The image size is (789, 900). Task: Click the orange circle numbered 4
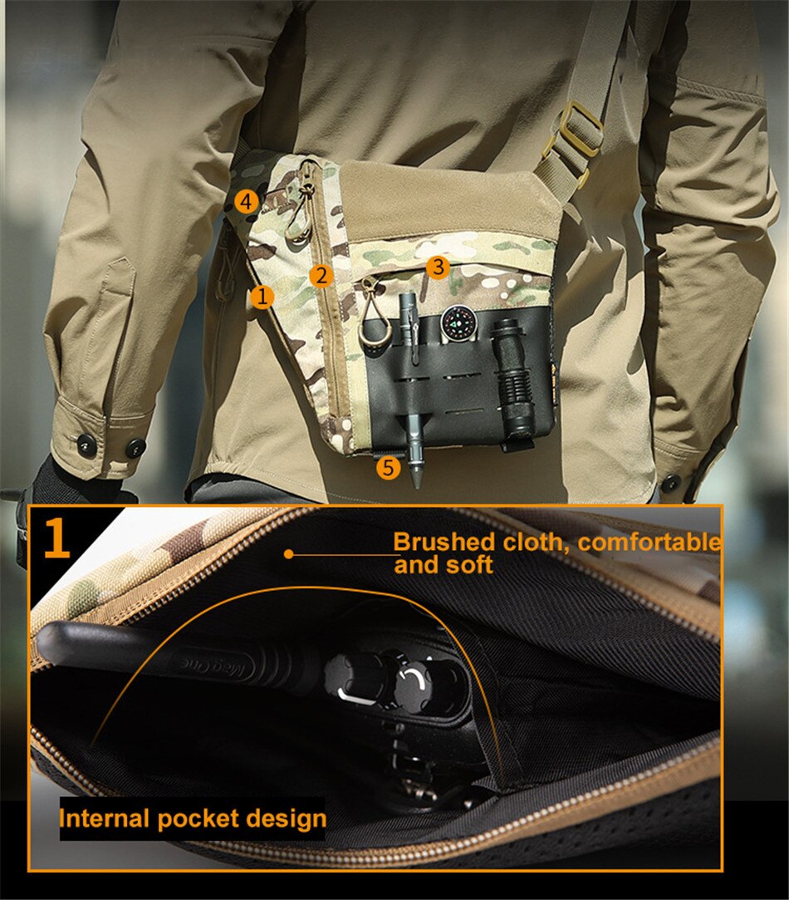(245, 200)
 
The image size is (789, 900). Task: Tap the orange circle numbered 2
(321, 275)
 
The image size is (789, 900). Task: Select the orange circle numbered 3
(438, 267)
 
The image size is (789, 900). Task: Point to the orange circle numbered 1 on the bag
(262, 295)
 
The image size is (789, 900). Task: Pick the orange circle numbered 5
(388, 467)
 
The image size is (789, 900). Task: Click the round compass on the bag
(457, 322)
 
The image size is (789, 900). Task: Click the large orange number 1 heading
(56, 538)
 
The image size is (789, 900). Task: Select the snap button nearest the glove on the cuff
(86, 445)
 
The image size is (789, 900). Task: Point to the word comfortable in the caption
(649, 543)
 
